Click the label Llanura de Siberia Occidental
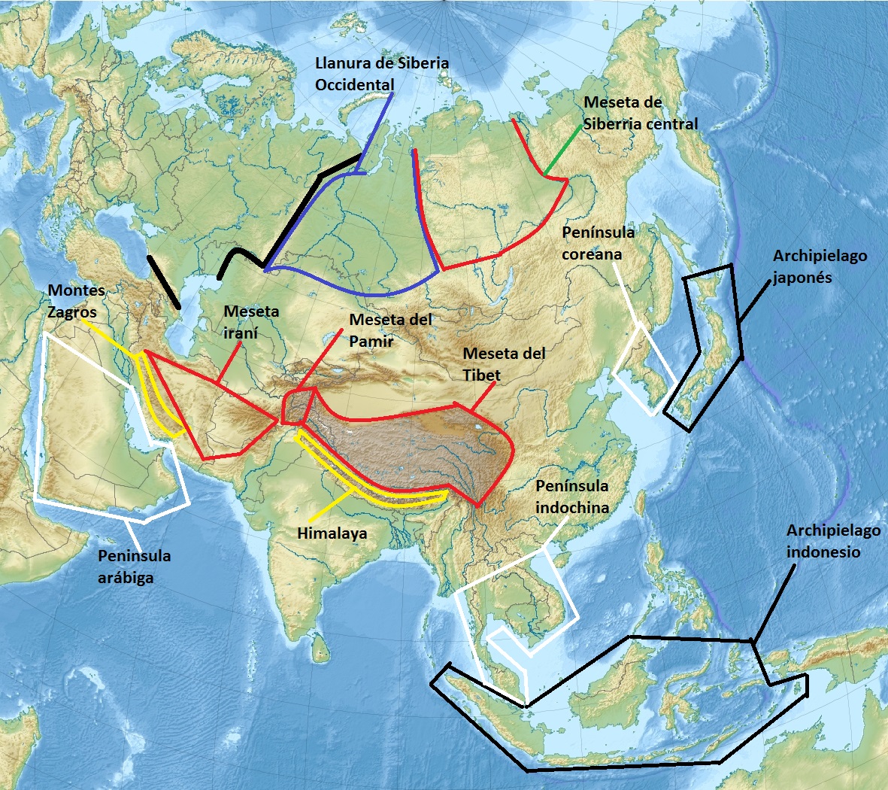click(x=381, y=74)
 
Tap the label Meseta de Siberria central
click(x=641, y=113)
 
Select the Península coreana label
click(x=598, y=242)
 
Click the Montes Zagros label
click(x=76, y=302)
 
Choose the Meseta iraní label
click(x=251, y=321)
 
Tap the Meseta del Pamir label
click(x=390, y=330)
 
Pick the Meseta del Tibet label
click(x=504, y=364)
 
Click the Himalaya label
click(x=332, y=533)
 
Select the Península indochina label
click(x=572, y=497)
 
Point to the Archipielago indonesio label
click(x=833, y=541)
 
